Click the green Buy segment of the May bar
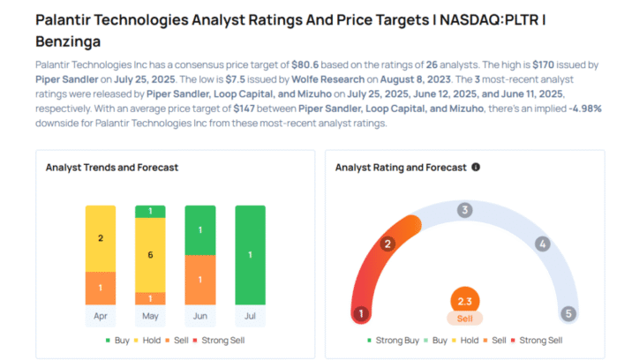[149, 211]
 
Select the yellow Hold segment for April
[100, 238]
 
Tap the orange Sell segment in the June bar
[199, 280]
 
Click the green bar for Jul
[250, 255]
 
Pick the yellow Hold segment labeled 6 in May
[149, 254]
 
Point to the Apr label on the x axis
[100, 315]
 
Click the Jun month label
[199, 315]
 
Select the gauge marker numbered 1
[360, 313]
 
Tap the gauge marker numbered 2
[387, 244]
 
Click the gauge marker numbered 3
[464, 210]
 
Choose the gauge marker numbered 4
[543, 244]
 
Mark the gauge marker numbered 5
[569, 313]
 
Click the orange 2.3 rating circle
[464, 301]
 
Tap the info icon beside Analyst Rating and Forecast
[476, 167]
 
